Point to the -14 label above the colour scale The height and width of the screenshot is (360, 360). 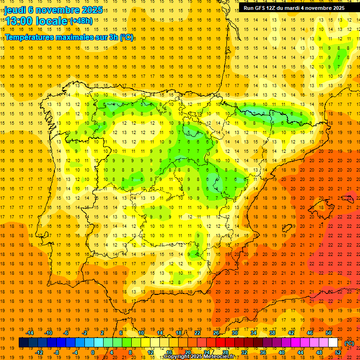click(30, 333)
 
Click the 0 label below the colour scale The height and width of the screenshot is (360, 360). click(92, 352)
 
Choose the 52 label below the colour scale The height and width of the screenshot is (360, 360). click(338, 352)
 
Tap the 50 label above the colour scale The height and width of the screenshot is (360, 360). click(328, 333)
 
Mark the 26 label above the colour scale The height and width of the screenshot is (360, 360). click(216, 333)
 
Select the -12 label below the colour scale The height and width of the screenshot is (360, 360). click(40, 352)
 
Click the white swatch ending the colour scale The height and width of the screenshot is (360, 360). click(333, 343)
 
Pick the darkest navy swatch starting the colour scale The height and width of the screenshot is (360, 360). click(23, 343)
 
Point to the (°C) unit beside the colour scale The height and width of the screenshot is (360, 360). click(349, 343)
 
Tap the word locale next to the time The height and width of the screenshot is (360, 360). click(51, 21)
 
